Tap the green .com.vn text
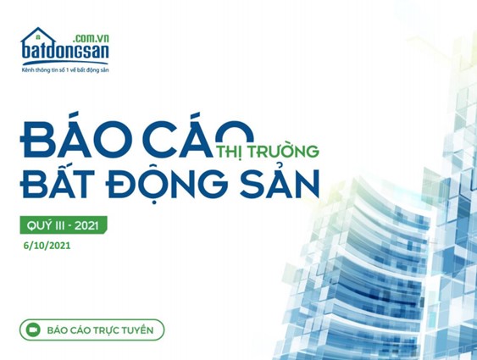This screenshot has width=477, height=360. pyautogui.click(x=92, y=38)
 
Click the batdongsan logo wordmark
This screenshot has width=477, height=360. pyautogui.click(x=65, y=51)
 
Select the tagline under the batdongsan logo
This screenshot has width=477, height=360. pyautogui.click(x=65, y=70)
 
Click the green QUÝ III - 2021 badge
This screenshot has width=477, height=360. pyautogui.click(x=64, y=225)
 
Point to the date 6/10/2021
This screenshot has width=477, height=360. pyautogui.click(x=47, y=246)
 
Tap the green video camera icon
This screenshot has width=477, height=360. pyautogui.click(x=33, y=330)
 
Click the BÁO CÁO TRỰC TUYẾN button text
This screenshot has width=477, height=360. pyautogui.click(x=100, y=330)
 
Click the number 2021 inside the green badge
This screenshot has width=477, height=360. pyautogui.click(x=86, y=226)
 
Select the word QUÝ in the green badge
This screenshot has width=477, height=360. pyautogui.click(x=36, y=225)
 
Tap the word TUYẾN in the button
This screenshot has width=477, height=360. pyautogui.click(x=137, y=330)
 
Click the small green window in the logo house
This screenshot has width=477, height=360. pyautogui.click(x=38, y=37)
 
